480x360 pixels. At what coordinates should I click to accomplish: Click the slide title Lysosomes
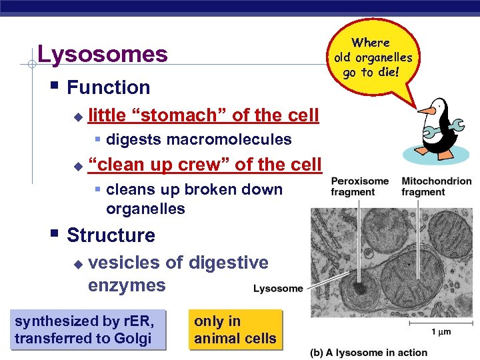pos(103,54)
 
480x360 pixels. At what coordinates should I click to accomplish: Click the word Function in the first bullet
pos(108,87)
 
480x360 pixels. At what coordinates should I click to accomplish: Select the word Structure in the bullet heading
pos(111,235)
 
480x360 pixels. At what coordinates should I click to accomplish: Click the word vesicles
pos(124,263)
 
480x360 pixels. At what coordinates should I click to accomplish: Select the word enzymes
pos(127,285)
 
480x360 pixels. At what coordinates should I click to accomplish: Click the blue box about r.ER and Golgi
pos(85,330)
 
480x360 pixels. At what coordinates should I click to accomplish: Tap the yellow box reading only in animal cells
pos(235,330)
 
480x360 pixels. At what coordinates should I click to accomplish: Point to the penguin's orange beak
pos(422,109)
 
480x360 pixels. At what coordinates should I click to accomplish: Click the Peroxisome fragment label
pos(359,187)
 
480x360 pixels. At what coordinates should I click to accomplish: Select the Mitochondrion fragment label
pos(436,187)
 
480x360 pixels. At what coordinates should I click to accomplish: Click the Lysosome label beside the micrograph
pos(278,289)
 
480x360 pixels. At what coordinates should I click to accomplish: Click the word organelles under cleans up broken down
pos(145,209)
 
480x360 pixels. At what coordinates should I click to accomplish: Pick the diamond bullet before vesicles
pos(77,264)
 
